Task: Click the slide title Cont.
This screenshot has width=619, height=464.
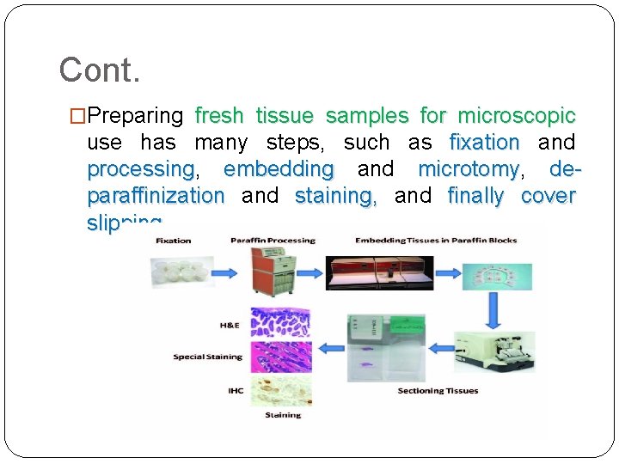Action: tap(99, 70)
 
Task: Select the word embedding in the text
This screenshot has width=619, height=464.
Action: tap(278, 168)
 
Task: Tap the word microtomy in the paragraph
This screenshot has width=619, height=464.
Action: tap(469, 168)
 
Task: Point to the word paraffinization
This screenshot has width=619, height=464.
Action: tap(156, 195)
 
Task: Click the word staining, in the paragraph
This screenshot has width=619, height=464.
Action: tap(335, 195)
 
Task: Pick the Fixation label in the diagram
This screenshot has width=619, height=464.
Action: tap(173, 241)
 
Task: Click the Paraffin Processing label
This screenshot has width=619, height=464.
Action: tap(260, 241)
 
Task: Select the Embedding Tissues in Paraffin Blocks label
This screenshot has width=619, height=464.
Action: tap(436, 241)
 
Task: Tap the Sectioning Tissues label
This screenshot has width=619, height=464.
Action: tap(438, 391)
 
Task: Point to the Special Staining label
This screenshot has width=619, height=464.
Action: tap(207, 357)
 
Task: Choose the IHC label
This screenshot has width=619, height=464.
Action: tap(236, 391)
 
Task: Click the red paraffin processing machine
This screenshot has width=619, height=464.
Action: tap(272, 272)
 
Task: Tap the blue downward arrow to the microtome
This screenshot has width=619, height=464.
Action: tap(493, 311)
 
